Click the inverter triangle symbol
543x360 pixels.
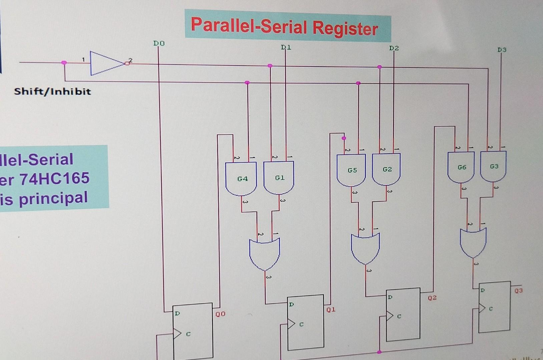[x=106, y=63]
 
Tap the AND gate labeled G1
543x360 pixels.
[x=279, y=178]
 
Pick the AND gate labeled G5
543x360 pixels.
[x=351, y=170]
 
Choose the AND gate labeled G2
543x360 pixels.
[x=386, y=169]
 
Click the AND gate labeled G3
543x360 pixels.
[x=493, y=166]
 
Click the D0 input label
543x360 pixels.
[x=159, y=43]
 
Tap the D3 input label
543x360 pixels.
[x=502, y=50]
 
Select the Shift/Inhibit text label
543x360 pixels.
[x=52, y=91]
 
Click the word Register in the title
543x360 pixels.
[x=345, y=28]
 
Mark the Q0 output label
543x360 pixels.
[x=220, y=314]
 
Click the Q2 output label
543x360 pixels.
[x=432, y=298]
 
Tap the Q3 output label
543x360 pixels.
[x=518, y=291]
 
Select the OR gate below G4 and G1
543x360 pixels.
[x=264, y=253]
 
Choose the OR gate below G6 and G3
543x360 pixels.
[x=473, y=242]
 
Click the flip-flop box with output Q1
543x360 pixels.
[x=305, y=322]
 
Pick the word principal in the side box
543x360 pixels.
[x=53, y=198]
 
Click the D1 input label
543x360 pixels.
[x=286, y=47]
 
